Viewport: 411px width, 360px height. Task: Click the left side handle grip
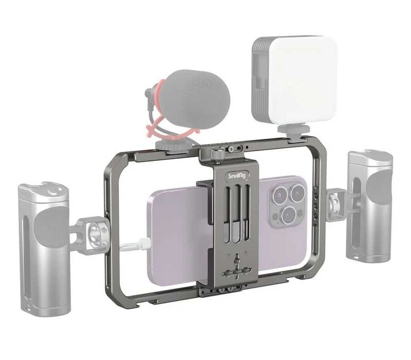click(44, 247)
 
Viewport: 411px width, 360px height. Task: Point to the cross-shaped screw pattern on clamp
click(236, 268)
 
